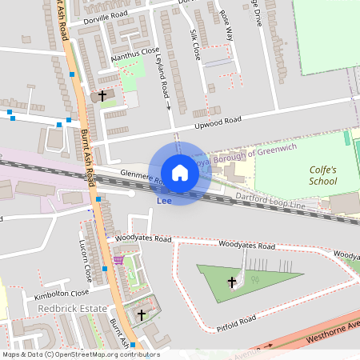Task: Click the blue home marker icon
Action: pos(180,172)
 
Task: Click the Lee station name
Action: pos(165,200)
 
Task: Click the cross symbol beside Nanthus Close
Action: pos(102,96)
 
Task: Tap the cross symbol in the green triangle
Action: pos(233,282)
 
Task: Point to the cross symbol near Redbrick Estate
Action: pos(142,315)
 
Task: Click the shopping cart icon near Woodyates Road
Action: pos(119,260)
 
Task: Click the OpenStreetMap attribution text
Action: pos(80,354)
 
